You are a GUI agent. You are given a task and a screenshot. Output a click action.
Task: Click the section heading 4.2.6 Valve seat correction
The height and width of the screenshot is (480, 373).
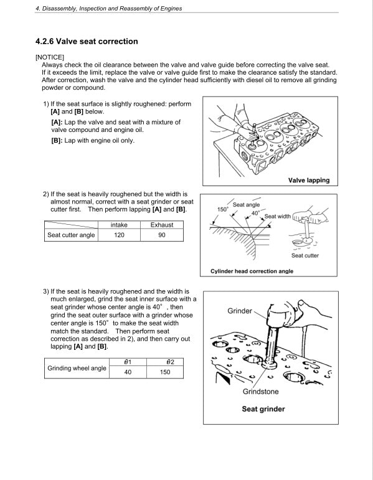[87, 42]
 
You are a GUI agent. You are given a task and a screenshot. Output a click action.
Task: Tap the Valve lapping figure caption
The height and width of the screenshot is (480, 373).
[308, 181]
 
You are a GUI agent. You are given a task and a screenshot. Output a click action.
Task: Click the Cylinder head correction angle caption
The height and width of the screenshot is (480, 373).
[252, 271]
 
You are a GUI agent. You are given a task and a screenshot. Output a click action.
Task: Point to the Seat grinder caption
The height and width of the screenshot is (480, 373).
[263, 409]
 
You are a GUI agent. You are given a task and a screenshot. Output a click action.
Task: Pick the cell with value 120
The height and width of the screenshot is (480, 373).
[119, 235]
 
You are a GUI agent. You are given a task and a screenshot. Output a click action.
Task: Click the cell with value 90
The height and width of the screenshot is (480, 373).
[162, 235]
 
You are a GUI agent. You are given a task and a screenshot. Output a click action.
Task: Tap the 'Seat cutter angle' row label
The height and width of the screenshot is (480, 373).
[71, 235]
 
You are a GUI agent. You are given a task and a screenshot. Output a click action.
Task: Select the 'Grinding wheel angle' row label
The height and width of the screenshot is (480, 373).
[77, 367]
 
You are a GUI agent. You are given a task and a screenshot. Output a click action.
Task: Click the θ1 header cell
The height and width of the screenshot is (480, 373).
[128, 362]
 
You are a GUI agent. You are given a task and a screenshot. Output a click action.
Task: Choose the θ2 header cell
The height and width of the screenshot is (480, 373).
[164, 362]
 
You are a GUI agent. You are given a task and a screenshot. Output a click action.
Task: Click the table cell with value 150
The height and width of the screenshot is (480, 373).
[164, 372]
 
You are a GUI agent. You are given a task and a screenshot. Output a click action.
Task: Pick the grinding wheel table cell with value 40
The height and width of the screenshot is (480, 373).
[128, 372]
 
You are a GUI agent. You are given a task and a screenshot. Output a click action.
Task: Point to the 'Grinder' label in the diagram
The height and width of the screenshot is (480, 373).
[239, 310]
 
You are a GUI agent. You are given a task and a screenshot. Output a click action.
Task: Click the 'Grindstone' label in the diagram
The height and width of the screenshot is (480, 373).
[260, 392]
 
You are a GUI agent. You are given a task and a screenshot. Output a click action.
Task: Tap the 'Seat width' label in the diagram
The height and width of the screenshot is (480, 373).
[277, 216]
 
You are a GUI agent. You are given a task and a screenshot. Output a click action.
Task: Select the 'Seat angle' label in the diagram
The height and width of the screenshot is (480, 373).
[246, 204]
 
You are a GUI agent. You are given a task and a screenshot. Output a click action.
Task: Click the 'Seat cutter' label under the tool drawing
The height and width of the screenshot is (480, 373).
[305, 255]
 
